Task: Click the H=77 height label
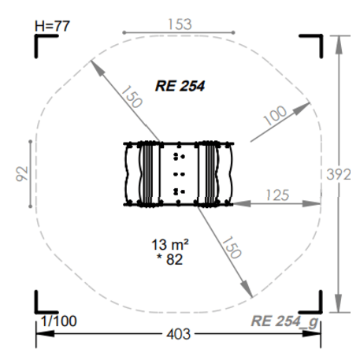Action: pos(52,26)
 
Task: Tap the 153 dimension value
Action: pos(180,24)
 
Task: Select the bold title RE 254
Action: pos(180,86)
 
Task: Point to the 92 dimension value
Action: pos(22,173)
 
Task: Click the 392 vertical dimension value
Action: pos(339,174)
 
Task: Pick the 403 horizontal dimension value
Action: pos(179,334)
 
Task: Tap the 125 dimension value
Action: pos(277,195)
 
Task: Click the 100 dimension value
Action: pos(275,115)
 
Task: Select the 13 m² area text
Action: pos(170,244)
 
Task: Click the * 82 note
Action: pos(169,259)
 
